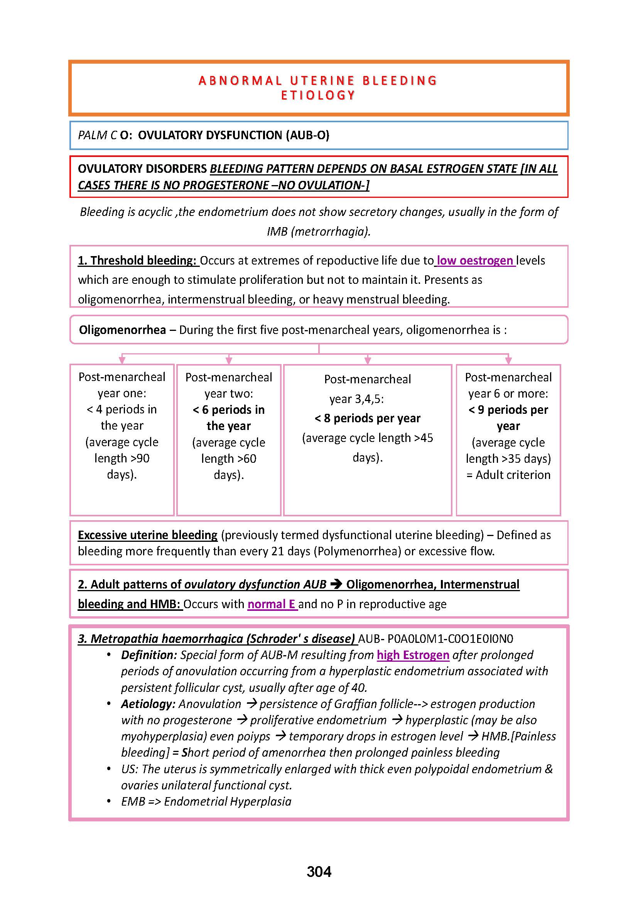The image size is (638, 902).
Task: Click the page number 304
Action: tap(319, 872)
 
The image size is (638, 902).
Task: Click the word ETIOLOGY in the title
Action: tap(318, 96)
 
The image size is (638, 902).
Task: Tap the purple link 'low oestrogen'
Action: tap(475, 260)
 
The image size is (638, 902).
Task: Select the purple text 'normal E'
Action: tap(272, 604)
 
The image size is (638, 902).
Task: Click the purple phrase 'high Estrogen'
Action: tap(413, 655)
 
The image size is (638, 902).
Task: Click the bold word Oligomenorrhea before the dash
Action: tap(122, 330)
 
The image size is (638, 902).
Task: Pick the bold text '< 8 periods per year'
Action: tap(367, 418)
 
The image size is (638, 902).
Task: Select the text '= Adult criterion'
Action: tap(508, 475)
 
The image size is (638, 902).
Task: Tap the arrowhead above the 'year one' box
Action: tap(122, 360)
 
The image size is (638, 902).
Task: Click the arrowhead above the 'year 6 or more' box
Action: tap(508, 360)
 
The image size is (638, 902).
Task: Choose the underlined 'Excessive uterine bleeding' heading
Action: tap(147, 535)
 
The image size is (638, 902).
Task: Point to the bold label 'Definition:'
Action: tap(149, 655)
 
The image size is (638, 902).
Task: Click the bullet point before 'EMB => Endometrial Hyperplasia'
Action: tap(109, 801)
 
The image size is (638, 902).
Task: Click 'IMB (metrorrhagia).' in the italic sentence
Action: tap(319, 231)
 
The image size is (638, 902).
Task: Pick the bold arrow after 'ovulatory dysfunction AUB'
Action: tap(336, 584)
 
